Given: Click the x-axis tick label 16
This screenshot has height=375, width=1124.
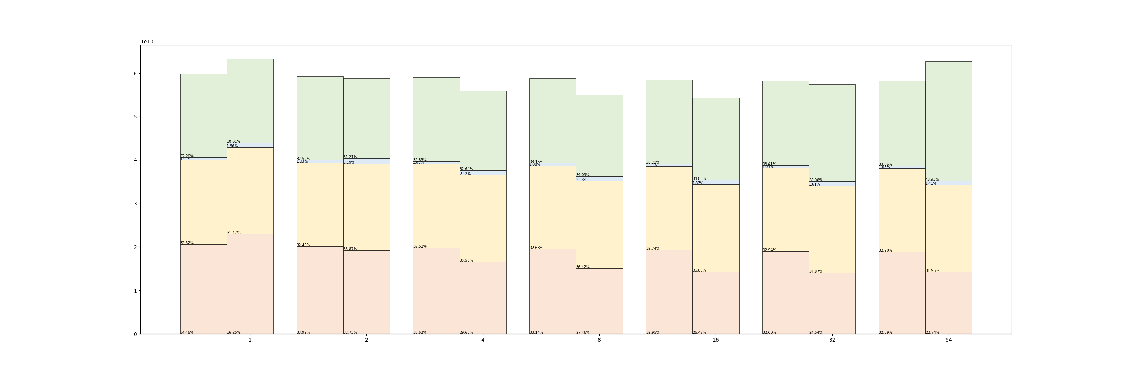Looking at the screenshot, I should pos(716,340).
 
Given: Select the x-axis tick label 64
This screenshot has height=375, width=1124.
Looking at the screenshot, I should pos(948,340).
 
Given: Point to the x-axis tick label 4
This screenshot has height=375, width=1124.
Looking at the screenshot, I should pos(483,340).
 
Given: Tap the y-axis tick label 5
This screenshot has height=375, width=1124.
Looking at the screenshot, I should pos(135,117).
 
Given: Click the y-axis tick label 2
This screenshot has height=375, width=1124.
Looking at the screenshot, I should pos(135,247).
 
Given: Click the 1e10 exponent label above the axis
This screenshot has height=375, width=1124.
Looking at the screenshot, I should pos(147,42).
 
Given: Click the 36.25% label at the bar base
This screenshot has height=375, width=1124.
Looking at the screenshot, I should pos(233,332).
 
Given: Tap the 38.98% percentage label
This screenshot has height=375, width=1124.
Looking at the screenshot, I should pos(816,180).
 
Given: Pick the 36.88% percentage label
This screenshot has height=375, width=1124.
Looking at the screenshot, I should pos(699,270).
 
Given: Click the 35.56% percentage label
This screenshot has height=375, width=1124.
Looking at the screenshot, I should pos(466,261).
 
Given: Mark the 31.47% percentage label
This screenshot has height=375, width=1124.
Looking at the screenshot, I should pos(233,232).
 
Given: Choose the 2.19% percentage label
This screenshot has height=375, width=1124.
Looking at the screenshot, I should pos(349,162).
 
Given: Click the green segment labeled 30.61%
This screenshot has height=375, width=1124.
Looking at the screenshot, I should pos(250,101).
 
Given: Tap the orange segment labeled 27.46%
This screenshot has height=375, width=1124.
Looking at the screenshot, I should pos(599,301).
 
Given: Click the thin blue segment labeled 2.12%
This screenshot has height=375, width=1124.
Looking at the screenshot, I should pos(483,173).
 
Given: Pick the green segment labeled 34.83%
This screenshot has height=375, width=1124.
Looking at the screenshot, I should pos(716,139).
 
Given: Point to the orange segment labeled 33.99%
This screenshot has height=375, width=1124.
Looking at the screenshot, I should pos(320,290).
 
